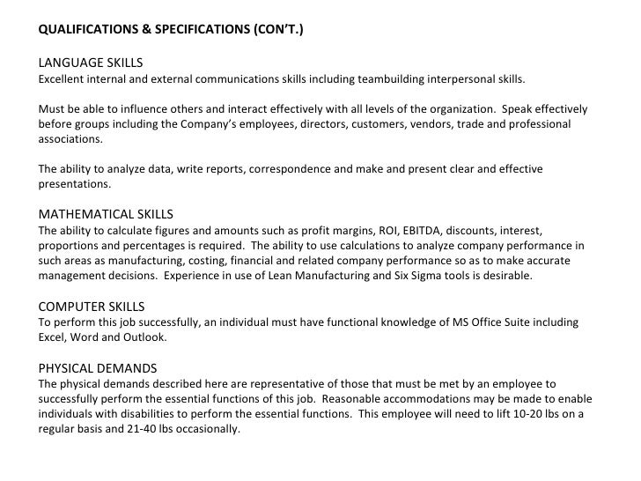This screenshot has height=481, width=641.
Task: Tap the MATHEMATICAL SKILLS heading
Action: click(106, 214)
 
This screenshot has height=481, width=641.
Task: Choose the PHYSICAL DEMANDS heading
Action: click(98, 368)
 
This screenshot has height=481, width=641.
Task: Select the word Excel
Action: click(54, 337)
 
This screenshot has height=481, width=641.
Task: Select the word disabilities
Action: click(147, 414)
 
